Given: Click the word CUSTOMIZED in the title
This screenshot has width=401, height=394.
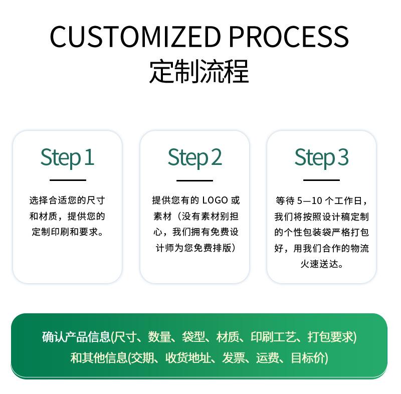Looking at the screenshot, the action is pyautogui.click(x=135, y=36).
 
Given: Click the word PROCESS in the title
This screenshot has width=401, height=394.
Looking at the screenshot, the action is pyautogui.click(x=289, y=36).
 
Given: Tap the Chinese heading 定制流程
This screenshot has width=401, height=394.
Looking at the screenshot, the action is pyautogui.click(x=199, y=71).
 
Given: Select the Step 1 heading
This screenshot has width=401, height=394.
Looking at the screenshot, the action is pyautogui.click(x=67, y=158).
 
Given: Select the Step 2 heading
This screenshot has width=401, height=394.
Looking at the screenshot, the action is pyautogui.click(x=194, y=158).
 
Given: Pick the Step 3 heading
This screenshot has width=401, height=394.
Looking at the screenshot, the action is pyautogui.click(x=321, y=158).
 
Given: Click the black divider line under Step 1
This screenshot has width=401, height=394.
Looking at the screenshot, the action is pyautogui.click(x=68, y=180).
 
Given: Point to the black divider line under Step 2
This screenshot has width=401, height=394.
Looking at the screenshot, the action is pyautogui.click(x=194, y=180).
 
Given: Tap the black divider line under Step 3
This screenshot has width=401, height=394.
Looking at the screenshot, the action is pyautogui.click(x=321, y=180).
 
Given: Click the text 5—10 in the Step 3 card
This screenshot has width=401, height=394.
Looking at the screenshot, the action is pyautogui.click(x=309, y=201).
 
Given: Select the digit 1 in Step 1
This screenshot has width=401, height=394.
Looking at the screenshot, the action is pyautogui.click(x=89, y=157).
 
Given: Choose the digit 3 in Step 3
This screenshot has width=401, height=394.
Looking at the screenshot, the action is pyautogui.click(x=343, y=157).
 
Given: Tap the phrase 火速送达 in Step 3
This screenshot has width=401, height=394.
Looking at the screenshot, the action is pyautogui.click(x=319, y=264).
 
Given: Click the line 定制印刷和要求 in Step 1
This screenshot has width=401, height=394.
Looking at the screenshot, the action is pyautogui.click(x=65, y=232).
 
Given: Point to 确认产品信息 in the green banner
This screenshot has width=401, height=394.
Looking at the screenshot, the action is pyautogui.click(x=76, y=337).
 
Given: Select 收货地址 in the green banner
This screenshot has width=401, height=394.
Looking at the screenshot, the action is pyautogui.click(x=188, y=357).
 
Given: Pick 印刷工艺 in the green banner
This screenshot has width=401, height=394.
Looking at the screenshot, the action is pyautogui.click(x=273, y=337).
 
